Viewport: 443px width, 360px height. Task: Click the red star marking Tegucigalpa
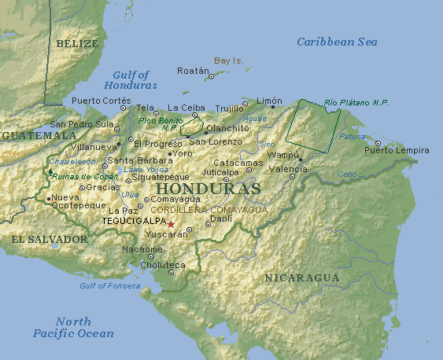[x=171, y=224]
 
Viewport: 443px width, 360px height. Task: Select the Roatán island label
[x=193, y=70]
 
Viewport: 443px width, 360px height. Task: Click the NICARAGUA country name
[x=301, y=278]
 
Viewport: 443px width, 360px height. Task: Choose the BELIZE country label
[x=77, y=44]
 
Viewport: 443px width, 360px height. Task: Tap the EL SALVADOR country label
[x=49, y=238]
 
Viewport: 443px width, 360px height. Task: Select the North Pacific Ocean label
[x=73, y=327]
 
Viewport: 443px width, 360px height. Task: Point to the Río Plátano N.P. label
[x=356, y=102]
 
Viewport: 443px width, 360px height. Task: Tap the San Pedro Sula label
[x=83, y=124]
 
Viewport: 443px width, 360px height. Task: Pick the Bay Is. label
[x=230, y=61]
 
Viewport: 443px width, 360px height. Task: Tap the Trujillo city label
[x=230, y=108]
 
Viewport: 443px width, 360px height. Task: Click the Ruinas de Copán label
[x=85, y=177]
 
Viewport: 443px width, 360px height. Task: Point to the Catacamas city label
[x=238, y=163]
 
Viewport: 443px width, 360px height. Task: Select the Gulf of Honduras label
[x=131, y=79]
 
